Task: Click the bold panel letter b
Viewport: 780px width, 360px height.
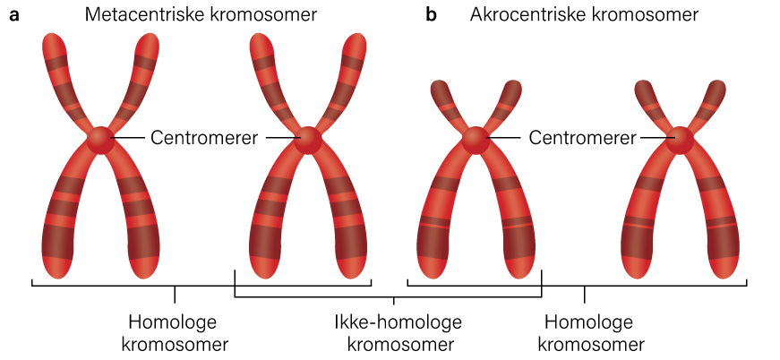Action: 432,15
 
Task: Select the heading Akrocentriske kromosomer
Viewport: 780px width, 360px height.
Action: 584,15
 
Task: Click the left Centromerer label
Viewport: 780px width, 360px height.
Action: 204,138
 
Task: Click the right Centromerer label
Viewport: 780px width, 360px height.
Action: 583,138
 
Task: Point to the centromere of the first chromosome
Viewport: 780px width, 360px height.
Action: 99,140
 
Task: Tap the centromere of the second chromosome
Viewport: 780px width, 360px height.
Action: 308,140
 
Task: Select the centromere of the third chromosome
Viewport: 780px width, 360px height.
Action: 476,139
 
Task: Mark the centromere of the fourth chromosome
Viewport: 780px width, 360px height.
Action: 682,139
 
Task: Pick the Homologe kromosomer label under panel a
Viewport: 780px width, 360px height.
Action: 175,332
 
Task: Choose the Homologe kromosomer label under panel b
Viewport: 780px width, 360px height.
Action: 587,332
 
